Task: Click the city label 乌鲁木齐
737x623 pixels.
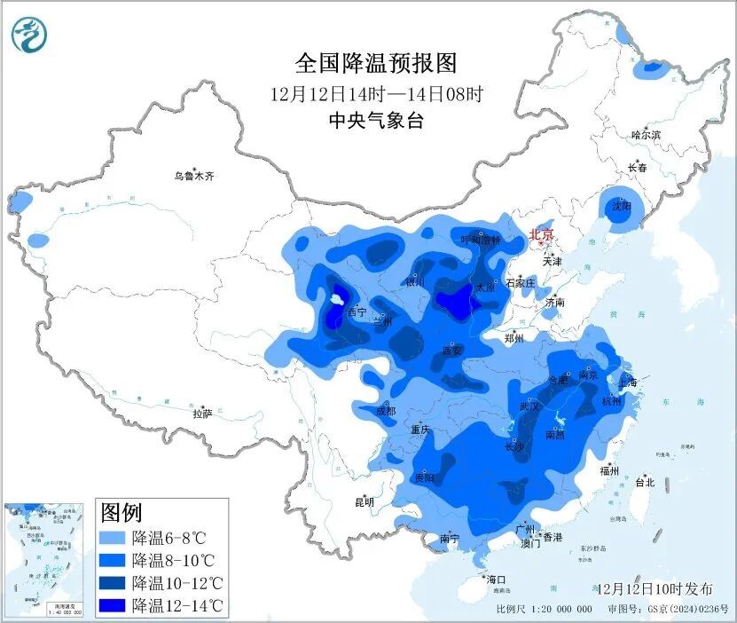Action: [193, 177]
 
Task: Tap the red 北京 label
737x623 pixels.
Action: [541, 234]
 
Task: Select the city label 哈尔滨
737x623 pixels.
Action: [646, 135]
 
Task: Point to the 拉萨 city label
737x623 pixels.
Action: [202, 413]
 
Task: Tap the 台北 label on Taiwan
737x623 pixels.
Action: [645, 483]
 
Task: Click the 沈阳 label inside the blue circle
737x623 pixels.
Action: [621, 206]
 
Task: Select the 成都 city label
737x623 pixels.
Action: [385, 411]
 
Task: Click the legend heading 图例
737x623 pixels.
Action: [122, 512]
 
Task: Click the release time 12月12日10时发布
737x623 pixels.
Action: [654, 589]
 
